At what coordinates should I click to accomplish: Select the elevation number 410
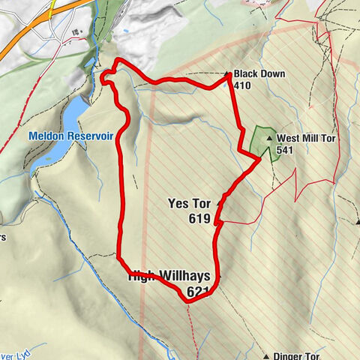241,85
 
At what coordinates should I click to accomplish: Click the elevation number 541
284,150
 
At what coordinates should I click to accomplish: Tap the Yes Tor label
189,202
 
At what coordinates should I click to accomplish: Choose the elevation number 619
201,219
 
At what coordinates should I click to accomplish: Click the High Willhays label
170,276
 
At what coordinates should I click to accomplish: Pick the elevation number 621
199,291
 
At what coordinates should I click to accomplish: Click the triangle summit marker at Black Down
228,74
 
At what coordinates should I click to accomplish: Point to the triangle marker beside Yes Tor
220,203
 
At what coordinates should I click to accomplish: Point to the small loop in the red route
106,74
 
